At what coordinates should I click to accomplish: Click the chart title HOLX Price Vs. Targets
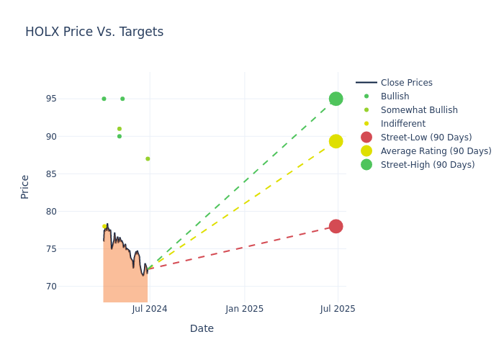point(94,32)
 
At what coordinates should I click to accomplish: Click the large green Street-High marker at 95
point(336,99)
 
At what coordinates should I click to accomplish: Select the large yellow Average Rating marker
point(336,141)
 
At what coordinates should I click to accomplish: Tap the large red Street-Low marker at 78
point(336,226)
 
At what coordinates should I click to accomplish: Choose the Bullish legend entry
point(395,96)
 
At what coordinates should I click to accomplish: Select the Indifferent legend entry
point(402,124)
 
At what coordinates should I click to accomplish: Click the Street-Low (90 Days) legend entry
point(426,138)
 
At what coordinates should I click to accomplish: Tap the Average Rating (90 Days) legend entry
point(436,151)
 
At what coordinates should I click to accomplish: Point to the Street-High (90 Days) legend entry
point(428,165)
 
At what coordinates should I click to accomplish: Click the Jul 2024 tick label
point(150,309)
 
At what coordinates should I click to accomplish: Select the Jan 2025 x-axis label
point(244,309)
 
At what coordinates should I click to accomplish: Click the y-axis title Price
point(25,186)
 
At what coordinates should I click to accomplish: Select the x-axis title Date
point(202,329)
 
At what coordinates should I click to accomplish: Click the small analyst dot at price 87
point(148,159)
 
